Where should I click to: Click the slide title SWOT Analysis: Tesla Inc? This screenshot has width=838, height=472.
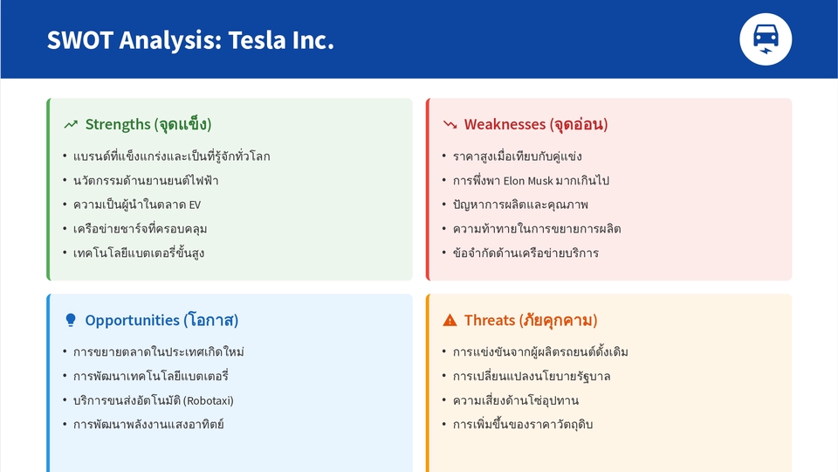point(190,40)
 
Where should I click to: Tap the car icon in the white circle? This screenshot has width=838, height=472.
point(766,39)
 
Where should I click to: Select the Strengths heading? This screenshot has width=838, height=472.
point(148,124)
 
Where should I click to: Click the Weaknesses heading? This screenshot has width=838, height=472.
point(535,124)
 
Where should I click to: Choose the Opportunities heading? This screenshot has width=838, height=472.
point(161,320)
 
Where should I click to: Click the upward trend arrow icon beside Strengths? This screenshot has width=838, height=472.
point(71,125)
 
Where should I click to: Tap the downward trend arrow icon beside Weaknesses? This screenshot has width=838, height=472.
point(450,125)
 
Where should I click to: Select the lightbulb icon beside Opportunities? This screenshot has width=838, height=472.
point(71,320)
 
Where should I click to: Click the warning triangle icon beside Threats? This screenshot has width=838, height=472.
point(450,320)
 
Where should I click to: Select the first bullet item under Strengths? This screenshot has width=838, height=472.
point(171,156)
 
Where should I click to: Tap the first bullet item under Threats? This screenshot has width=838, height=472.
point(540,352)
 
